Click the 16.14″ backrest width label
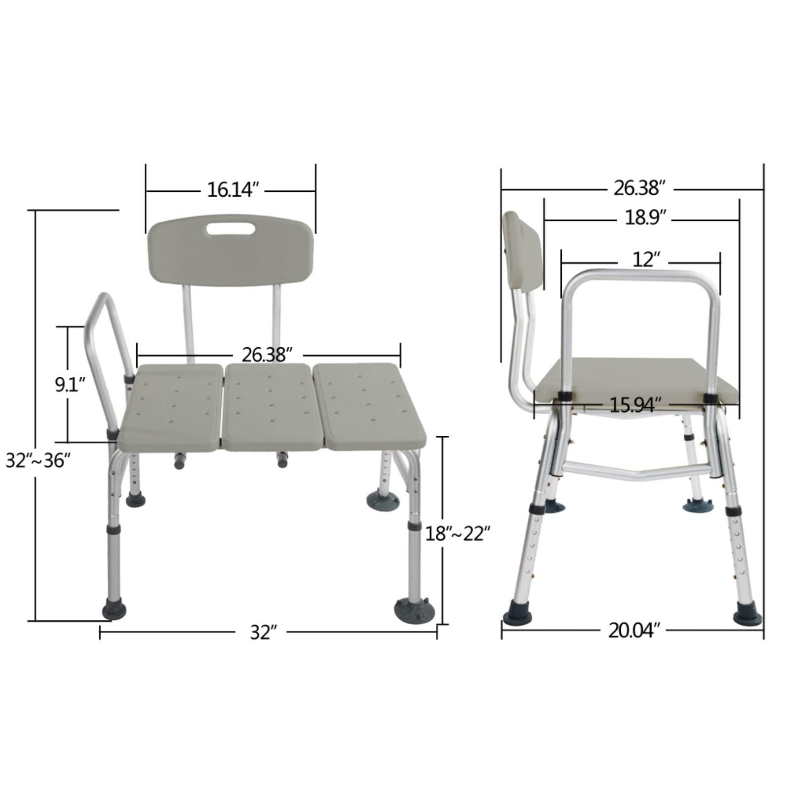[x=233, y=190]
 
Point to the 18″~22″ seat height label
[x=458, y=533]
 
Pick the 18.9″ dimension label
[x=645, y=217]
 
